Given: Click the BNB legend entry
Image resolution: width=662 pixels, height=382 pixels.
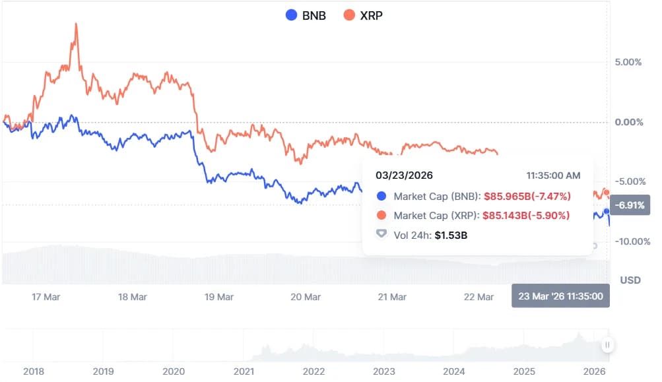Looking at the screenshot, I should pyautogui.click(x=305, y=15).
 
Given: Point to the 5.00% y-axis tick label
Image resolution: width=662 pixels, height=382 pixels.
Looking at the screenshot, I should pyautogui.click(x=628, y=62).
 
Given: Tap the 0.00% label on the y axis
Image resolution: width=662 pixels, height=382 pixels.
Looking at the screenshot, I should pyautogui.click(x=628, y=122).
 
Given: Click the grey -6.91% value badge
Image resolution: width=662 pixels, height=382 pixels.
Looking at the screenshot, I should pyautogui.click(x=631, y=205).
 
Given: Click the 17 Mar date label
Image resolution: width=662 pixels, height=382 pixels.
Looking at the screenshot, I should pyautogui.click(x=46, y=297).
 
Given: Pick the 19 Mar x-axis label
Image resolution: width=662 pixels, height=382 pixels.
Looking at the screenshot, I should pyautogui.click(x=220, y=297).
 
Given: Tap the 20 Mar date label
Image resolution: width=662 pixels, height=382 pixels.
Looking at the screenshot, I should pyautogui.click(x=306, y=297).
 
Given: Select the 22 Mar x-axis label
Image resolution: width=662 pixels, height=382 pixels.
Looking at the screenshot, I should pyautogui.click(x=479, y=297).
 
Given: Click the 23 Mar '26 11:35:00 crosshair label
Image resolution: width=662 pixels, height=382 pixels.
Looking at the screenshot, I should pyautogui.click(x=560, y=296).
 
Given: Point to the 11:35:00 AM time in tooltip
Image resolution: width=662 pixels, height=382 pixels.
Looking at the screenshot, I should pyautogui.click(x=553, y=175).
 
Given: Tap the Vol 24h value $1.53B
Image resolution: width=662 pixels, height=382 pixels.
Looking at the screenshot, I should pyautogui.click(x=451, y=234).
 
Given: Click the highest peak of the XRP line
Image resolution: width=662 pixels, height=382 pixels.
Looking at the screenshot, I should pyautogui.click(x=76, y=24).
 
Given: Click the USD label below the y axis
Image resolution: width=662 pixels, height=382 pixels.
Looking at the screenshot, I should pyautogui.click(x=630, y=280).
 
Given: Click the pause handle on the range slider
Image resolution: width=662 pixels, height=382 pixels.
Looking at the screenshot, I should pyautogui.click(x=607, y=345).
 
